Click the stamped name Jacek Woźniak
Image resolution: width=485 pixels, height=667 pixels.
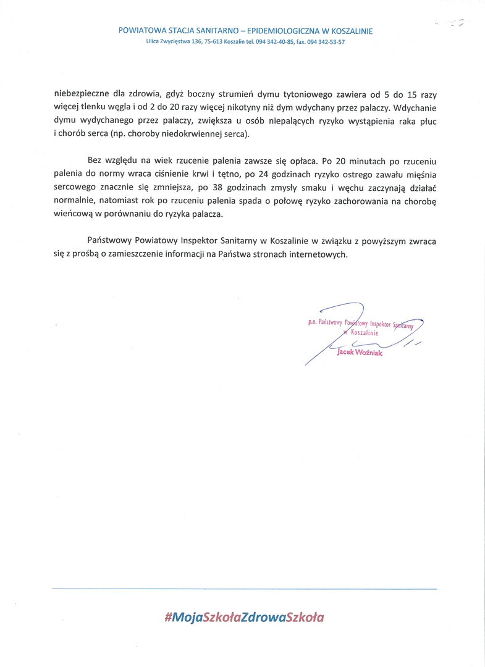click(x=360, y=353)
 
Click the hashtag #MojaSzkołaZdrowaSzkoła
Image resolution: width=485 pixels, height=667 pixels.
click(x=243, y=616)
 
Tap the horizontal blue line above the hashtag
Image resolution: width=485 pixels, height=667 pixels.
click(x=243, y=589)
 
